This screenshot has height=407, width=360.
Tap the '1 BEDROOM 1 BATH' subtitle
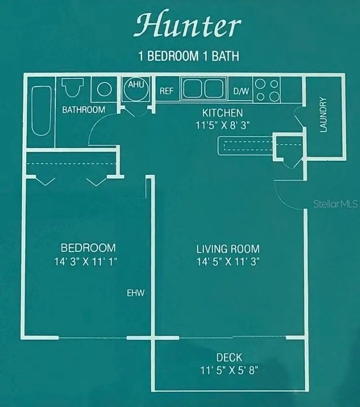click(188, 56)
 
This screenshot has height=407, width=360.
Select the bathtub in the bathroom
click(40, 111)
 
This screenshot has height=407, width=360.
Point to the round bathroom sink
click(104, 89)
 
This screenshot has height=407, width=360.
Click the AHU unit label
click(136, 84)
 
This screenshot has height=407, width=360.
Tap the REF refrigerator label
click(166, 91)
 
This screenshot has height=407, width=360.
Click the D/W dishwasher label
click(241, 91)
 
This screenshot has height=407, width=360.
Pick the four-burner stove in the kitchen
click(268, 89)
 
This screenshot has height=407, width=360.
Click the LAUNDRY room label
click(323, 115)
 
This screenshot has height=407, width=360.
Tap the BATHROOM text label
click(83, 110)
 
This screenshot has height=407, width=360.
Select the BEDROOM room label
click(88, 247)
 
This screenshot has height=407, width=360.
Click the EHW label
click(135, 293)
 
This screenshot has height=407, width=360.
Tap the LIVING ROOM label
click(228, 248)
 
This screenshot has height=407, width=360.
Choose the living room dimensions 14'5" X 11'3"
click(228, 262)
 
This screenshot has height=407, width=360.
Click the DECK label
click(229, 357)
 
